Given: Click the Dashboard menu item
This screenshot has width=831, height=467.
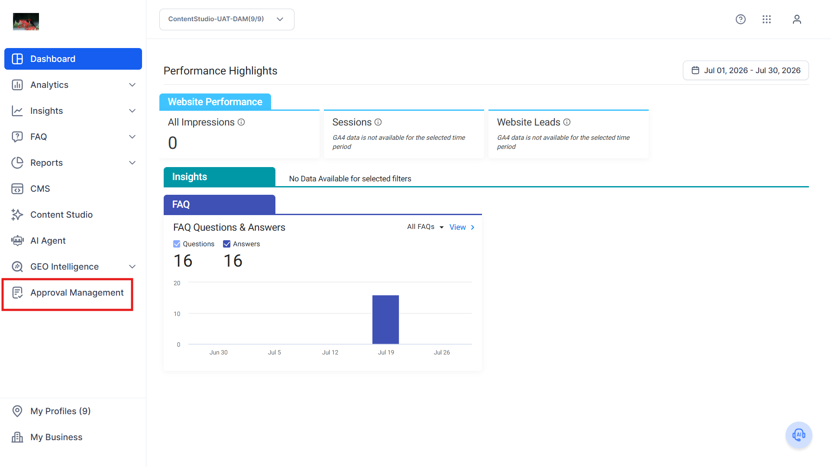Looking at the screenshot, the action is pyautogui.click(x=73, y=59).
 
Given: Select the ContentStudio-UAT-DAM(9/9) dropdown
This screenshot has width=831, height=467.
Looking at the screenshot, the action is pyautogui.click(x=226, y=19).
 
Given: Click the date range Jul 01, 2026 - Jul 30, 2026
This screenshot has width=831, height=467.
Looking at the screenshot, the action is pyautogui.click(x=746, y=71).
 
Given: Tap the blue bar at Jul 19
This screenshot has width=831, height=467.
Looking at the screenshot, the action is pyautogui.click(x=385, y=320).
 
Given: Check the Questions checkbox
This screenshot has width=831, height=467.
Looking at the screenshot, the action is pyautogui.click(x=177, y=244).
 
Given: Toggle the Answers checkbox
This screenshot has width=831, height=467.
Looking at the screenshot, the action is pyautogui.click(x=226, y=244).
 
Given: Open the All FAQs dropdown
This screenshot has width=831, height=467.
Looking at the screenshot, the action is pyautogui.click(x=425, y=227).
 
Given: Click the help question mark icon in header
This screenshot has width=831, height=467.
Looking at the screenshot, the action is pyautogui.click(x=740, y=19).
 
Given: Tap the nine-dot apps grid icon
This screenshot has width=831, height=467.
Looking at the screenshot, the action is pyautogui.click(x=766, y=19).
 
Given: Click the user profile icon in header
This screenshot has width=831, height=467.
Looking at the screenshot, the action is pyautogui.click(x=797, y=19).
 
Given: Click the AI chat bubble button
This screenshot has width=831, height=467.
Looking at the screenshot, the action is pyautogui.click(x=799, y=435).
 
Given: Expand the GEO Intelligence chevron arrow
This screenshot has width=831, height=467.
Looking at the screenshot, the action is pyautogui.click(x=133, y=267).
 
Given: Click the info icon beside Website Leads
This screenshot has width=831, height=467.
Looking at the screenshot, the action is pyautogui.click(x=567, y=122).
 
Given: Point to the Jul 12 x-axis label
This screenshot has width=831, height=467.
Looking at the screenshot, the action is pyautogui.click(x=330, y=352).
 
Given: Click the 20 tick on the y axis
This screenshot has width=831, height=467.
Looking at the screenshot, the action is pyautogui.click(x=177, y=283).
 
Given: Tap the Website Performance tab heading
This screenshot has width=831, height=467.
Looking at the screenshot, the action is pyautogui.click(x=215, y=102).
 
